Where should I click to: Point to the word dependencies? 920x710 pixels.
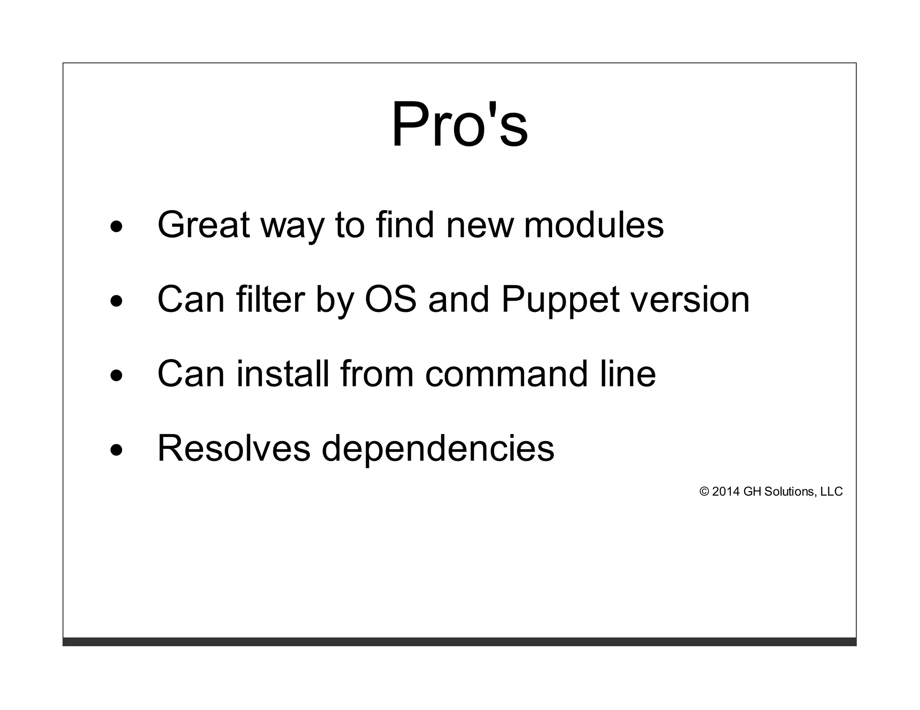point(438,449)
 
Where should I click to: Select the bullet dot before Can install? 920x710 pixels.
point(116,376)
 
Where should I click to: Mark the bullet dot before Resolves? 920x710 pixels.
point(116,451)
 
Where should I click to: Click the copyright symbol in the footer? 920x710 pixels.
point(704,492)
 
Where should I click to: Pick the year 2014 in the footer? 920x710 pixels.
point(725,492)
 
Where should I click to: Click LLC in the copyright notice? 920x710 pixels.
point(832,492)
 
